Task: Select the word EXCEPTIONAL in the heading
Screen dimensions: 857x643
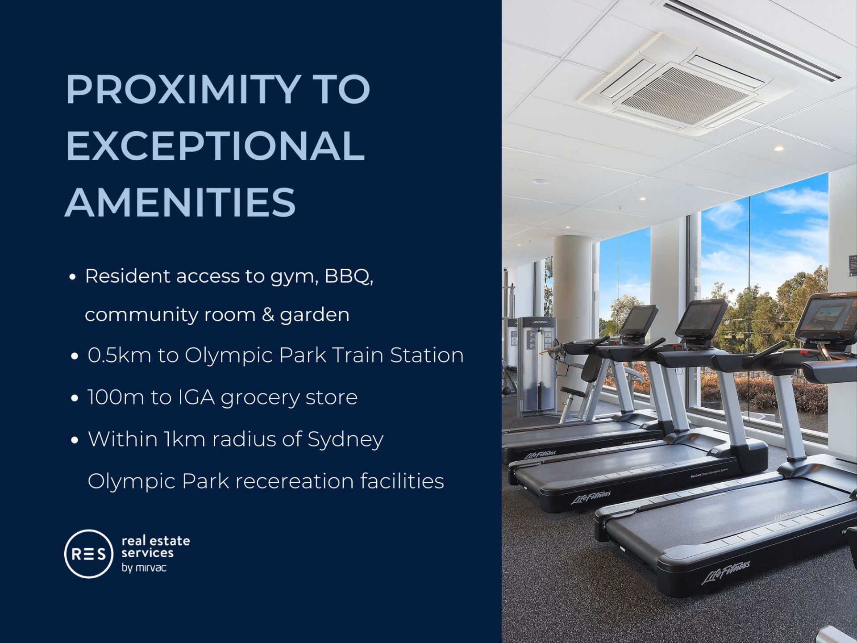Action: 216,146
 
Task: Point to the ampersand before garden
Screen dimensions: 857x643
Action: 268,315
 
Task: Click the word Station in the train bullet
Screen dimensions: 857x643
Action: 427,355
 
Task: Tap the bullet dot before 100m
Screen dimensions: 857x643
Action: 75,398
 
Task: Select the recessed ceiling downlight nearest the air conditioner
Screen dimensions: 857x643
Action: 779,148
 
